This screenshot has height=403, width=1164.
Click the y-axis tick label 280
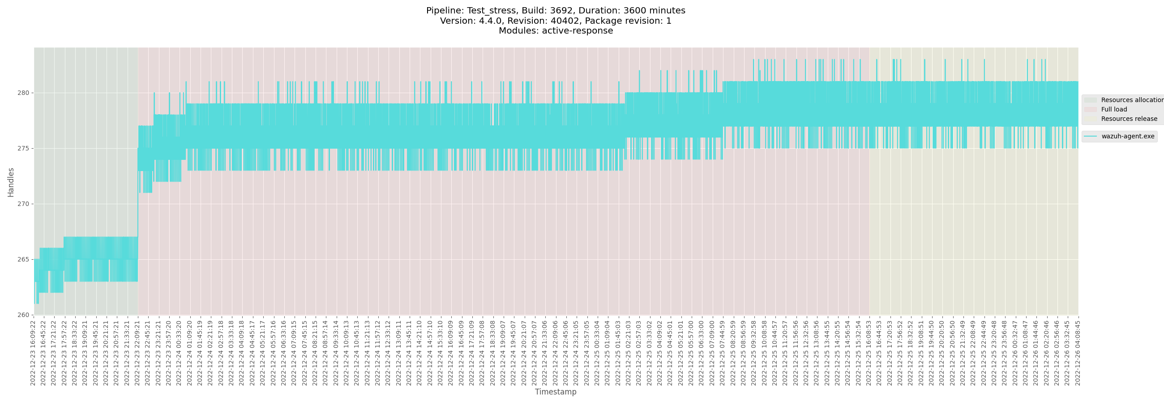pos(23,93)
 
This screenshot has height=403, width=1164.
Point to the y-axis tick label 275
pos(23,149)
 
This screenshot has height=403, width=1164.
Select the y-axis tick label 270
pos(23,204)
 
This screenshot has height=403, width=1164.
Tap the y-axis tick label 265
pos(23,260)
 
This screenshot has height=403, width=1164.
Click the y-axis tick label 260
pos(23,315)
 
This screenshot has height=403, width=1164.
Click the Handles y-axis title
pos(11,182)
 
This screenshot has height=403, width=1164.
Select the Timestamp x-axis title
pos(555,392)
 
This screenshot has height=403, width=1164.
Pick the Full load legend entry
pos(1114,109)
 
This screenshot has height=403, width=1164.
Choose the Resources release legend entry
pos(1129,119)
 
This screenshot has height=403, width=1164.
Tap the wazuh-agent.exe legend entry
pos(1127,137)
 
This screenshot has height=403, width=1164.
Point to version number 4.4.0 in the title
pos(490,21)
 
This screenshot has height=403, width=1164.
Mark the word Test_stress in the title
pos(491,10)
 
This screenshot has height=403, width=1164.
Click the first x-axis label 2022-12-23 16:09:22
pos(33,352)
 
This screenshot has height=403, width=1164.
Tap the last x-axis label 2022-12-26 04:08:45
pos(1077,352)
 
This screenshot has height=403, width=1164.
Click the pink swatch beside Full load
pos(1090,109)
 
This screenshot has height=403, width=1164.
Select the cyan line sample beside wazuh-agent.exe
pos(1090,137)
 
